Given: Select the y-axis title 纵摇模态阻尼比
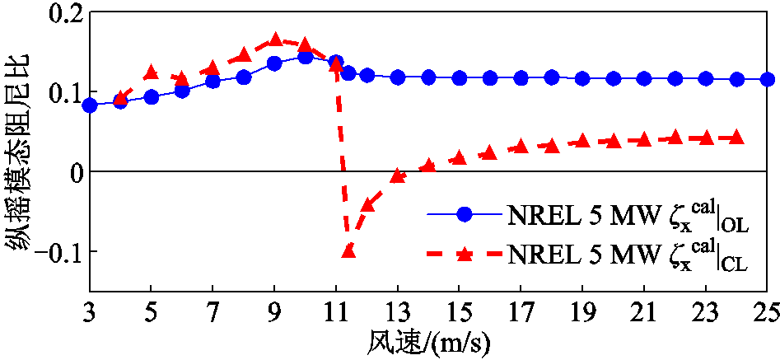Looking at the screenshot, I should [x=18, y=152].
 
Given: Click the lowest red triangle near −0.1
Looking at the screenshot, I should [x=348, y=250].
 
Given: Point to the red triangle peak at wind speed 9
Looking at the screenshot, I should [x=275, y=40].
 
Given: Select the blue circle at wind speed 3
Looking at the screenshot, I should [x=90, y=105].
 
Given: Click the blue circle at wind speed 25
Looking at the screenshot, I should [x=767, y=79].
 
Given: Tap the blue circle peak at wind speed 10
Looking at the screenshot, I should [x=306, y=57].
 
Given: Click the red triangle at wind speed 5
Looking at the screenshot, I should [x=152, y=73].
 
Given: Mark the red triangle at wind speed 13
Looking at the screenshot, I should [x=398, y=175].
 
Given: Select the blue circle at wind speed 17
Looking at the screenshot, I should [x=521, y=77].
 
